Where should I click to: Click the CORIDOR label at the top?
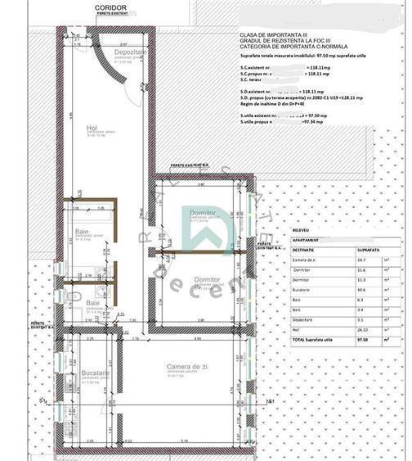(x=110, y=7)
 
